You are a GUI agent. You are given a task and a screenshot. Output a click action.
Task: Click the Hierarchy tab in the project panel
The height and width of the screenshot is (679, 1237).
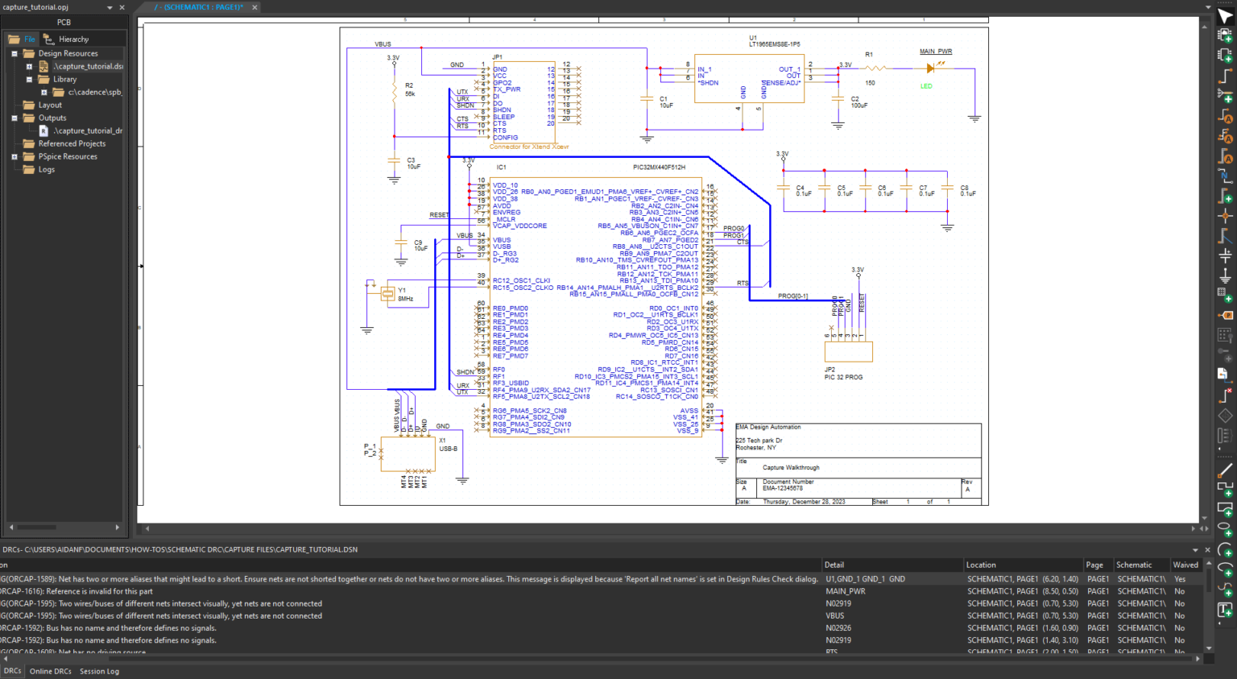point(72,39)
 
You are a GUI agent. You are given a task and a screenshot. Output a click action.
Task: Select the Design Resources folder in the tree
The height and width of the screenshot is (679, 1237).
point(68,53)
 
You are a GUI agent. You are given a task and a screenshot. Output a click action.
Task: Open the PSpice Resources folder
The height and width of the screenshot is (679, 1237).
point(68,156)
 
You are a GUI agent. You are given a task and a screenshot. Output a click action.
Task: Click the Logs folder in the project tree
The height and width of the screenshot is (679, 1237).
point(47,169)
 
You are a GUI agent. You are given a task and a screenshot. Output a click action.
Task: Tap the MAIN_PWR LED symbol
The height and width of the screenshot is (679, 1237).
point(931,68)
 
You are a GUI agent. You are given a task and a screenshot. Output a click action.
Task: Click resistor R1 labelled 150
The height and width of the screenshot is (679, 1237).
point(874,68)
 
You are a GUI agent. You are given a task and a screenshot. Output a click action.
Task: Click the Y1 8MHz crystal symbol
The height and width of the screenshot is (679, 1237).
point(387,294)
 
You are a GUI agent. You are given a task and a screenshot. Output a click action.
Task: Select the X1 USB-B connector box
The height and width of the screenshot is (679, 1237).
point(408,454)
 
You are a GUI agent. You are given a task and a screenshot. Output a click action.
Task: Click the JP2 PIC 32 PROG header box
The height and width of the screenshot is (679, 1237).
point(848,351)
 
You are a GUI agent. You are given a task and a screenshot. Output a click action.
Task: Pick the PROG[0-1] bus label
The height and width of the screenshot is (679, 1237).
point(792,296)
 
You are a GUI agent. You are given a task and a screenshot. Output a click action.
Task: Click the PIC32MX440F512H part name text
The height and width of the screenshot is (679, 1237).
point(659,168)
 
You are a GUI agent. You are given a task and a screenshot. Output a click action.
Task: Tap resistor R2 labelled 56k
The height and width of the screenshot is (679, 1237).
point(394,90)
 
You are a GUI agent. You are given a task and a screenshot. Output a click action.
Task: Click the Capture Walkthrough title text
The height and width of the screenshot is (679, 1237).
point(791,467)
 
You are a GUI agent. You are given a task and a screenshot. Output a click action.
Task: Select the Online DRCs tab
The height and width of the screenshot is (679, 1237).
point(50,671)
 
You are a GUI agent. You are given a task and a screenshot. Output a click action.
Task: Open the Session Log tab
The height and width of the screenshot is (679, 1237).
point(99,671)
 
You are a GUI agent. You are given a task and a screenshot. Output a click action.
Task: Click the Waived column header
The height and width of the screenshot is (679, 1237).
point(1185,565)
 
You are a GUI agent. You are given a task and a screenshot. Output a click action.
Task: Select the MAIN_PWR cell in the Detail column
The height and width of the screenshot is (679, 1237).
point(845,591)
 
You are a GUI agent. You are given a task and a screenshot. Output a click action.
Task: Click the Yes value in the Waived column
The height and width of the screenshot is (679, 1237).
point(1179,579)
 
